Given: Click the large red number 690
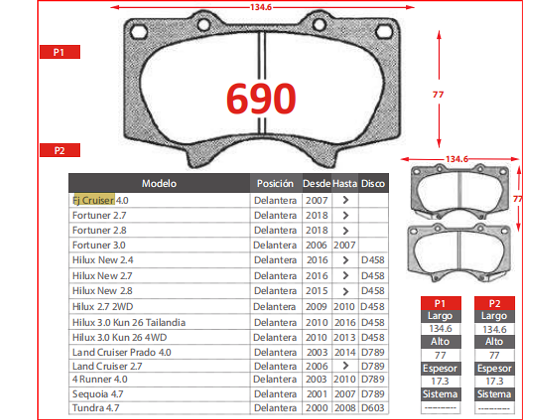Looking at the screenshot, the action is click(261, 98).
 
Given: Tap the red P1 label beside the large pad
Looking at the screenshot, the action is click(60, 52).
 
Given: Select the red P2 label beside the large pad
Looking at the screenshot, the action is click(60, 151).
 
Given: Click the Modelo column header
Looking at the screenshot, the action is click(159, 183).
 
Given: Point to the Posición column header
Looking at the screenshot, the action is click(275, 183).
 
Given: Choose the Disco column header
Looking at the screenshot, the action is click(373, 183).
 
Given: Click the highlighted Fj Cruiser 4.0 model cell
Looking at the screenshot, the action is click(100, 200).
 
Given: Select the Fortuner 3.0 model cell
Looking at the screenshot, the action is click(99, 245).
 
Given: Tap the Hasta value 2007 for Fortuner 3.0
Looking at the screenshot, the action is click(344, 245).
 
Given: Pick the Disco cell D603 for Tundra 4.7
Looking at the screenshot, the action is click(373, 408).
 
